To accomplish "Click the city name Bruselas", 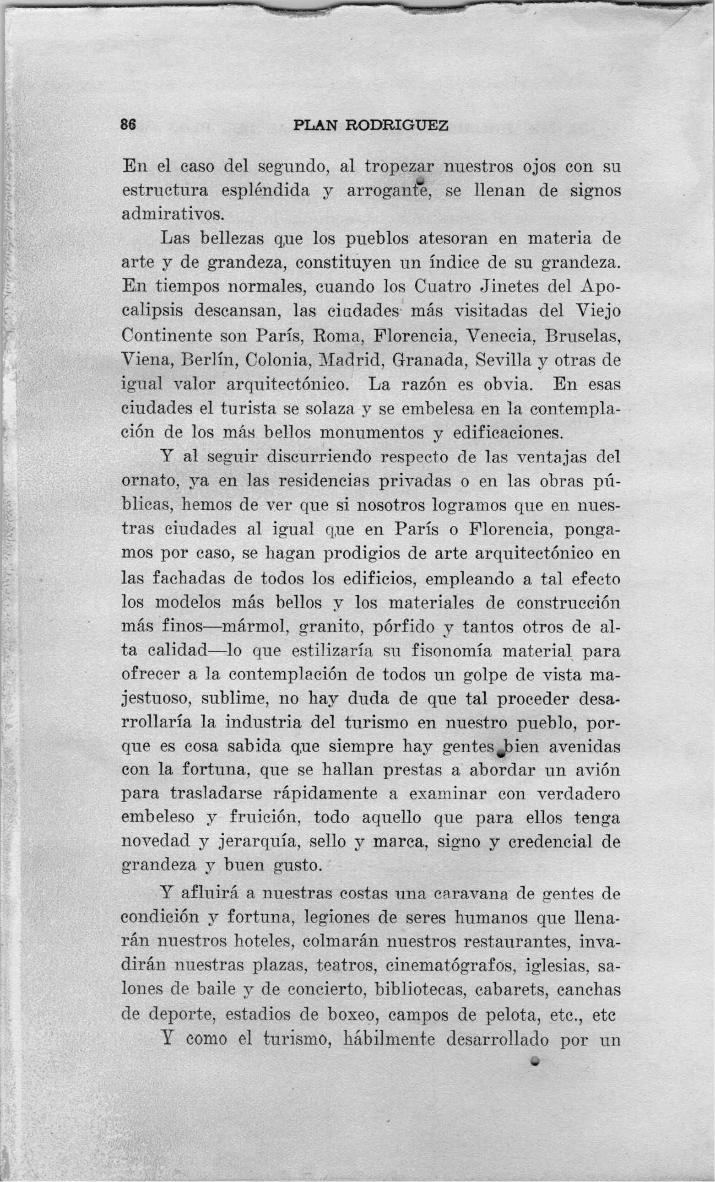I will click(583, 336).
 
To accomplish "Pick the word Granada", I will click(429, 360).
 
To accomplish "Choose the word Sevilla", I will click(504, 360).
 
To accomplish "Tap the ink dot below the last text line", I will click(534, 1060).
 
